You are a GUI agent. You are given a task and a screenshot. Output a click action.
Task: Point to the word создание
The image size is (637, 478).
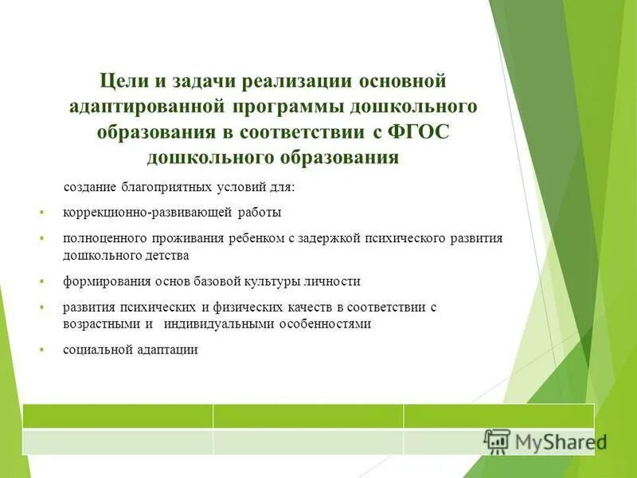pos(91,188)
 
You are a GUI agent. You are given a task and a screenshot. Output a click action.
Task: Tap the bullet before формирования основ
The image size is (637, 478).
pos(41,282)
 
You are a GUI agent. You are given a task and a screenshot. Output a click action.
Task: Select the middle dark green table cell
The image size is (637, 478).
pos(308,416)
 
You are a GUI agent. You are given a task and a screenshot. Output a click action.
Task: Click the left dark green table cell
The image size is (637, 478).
pos(118,416)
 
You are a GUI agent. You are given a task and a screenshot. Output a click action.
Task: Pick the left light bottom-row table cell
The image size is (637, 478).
pos(118,441)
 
